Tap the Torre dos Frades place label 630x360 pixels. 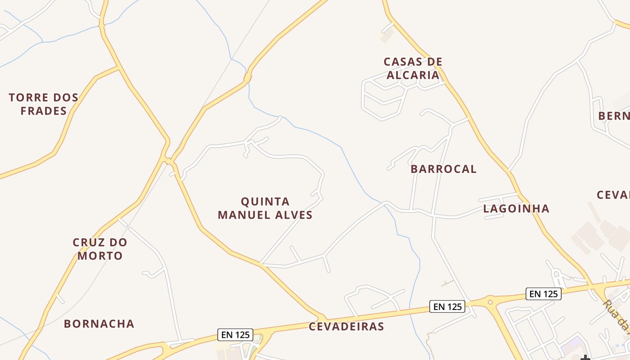click(44, 104)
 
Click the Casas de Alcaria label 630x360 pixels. click(413, 68)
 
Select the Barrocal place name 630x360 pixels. click(443, 169)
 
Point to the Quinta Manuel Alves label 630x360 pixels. click(265, 208)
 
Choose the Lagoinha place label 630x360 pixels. click(516, 208)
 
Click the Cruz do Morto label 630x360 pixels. click(100, 249)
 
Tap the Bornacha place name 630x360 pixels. click(99, 324)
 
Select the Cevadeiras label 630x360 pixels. click(346, 327)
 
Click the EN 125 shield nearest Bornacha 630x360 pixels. click(235, 335)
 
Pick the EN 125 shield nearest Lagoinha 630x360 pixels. click(544, 294)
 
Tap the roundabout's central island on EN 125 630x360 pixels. click(490, 302)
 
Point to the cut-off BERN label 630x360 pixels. click(614, 116)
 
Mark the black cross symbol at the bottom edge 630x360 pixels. click(585, 358)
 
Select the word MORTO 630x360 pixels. click(100, 256)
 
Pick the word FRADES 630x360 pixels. click(44, 111)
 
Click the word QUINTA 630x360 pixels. click(265, 201)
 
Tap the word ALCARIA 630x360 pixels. click(413, 75)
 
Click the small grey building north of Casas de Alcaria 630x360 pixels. click(387, 36)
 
